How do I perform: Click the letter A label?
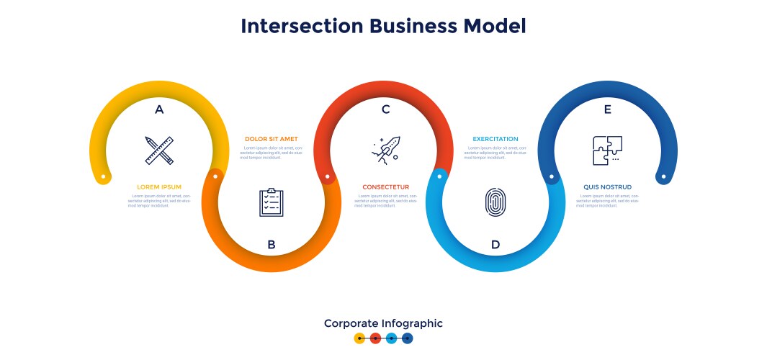(x=159, y=109)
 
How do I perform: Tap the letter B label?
(x=272, y=245)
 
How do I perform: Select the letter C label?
(x=385, y=109)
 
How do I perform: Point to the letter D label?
(x=495, y=245)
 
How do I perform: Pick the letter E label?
(x=608, y=109)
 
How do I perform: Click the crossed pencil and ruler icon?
(x=159, y=150)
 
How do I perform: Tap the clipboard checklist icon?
(x=272, y=202)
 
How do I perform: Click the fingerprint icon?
(x=495, y=202)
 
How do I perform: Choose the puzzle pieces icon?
(x=607, y=150)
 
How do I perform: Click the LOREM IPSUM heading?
(x=159, y=187)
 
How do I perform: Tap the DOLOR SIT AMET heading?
(x=271, y=139)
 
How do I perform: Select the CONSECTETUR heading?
(x=385, y=187)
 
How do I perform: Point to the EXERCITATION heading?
(x=495, y=139)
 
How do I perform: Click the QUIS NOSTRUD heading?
(x=607, y=187)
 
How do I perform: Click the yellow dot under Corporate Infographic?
(x=360, y=338)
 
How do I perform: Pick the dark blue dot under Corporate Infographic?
(x=408, y=338)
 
